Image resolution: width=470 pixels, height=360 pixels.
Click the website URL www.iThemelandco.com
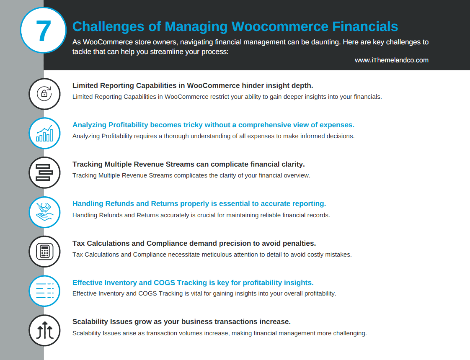(x=391, y=60)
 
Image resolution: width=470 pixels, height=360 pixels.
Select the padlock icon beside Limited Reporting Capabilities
(x=44, y=94)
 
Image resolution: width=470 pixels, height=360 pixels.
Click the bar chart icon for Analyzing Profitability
(x=44, y=133)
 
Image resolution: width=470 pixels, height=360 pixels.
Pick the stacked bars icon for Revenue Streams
(x=44, y=172)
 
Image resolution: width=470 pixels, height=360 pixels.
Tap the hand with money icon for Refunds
(x=44, y=212)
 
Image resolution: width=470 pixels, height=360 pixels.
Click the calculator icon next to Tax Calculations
(x=44, y=252)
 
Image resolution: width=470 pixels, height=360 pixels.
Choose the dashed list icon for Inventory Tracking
(x=44, y=291)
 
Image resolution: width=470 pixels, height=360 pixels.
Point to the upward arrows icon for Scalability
(x=44, y=330)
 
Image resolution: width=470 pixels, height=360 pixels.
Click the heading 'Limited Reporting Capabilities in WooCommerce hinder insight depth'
(x=193, y=86)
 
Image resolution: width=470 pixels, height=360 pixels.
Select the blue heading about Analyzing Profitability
(x=213, y=125)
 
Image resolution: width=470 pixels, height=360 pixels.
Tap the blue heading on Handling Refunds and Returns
(x=199, y=204)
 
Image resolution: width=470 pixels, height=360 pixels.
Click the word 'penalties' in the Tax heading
(x=299, y=244)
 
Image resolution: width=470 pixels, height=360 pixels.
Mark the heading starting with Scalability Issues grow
(x=181, y=322)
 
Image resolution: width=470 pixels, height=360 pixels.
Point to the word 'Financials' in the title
(x=365, y=26)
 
